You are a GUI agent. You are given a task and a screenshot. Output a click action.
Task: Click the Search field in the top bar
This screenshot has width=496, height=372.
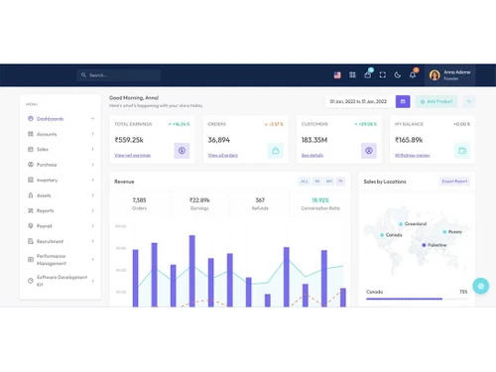(x=119, y=74)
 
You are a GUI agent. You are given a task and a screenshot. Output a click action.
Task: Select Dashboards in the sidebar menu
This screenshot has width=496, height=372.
(x=52, y=119)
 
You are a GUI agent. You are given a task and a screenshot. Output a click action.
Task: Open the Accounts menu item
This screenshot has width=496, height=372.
(x=47, y=134)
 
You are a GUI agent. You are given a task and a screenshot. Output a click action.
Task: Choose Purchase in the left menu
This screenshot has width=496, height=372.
(x=48, y=165)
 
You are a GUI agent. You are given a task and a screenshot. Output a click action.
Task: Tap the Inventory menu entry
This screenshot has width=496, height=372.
(x=48, y=180)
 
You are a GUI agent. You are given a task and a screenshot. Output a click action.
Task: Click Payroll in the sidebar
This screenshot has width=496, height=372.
(x=45, y=225)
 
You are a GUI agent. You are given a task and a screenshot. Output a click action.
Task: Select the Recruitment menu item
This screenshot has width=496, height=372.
(x=51, y=241)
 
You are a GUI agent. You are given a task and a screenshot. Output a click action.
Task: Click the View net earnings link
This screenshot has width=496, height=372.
(x=132, y=155)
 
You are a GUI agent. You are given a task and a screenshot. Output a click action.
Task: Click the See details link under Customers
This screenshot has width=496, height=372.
(x=311, y=155)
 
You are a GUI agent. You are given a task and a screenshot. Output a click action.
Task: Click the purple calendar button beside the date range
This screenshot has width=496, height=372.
(x=402, y=101)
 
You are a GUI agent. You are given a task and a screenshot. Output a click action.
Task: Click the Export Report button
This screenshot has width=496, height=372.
(x=454, y=182)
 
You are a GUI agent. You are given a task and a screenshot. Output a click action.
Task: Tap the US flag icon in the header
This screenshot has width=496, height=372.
(x=337, y=74)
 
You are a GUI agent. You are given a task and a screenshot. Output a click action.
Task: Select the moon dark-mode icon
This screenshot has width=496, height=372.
(x=397, y=74)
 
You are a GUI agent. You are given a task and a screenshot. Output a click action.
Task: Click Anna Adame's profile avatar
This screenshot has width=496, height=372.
(x=434, y=74)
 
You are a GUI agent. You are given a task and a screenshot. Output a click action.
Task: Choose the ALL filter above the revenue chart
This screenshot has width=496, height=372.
(x=304, y=182)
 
